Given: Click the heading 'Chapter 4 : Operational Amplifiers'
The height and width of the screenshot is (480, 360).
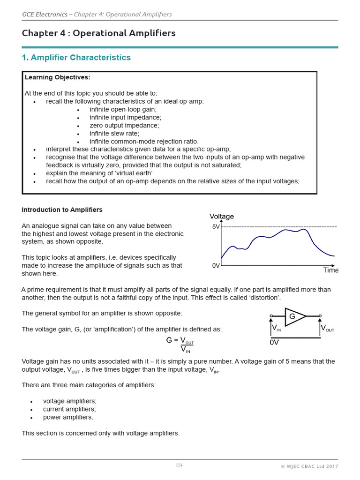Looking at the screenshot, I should point(98,33).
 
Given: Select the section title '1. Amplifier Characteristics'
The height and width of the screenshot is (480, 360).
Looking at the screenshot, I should point(76,58).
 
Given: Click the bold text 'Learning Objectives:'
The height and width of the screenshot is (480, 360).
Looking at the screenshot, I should point(57,77).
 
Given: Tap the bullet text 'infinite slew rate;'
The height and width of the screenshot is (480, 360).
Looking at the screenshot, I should point(114,134).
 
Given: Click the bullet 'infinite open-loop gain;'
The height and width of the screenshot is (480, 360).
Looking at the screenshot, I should point(123,110).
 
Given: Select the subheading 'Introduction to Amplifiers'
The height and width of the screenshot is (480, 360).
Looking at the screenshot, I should point(62,210).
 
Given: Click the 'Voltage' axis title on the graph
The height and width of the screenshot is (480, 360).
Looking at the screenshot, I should point(221,217).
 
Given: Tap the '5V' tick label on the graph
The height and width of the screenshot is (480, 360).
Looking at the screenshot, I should point(216,227).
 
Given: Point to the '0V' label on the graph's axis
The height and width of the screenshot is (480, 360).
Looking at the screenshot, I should point(216,266).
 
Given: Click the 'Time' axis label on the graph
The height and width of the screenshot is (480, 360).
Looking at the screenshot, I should point(330,270).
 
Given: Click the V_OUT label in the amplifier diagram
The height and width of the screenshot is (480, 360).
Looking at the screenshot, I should point(327,329).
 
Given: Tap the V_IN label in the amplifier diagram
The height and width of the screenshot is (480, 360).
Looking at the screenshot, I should point(277,329).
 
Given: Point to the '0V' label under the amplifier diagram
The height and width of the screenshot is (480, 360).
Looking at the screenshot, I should point(274,343).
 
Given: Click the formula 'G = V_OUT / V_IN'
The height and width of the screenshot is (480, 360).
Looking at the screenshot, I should point(180,345).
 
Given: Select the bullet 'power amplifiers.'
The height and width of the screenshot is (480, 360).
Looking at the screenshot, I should point(68,417).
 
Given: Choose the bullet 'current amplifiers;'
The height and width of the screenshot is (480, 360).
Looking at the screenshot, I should point(69,409).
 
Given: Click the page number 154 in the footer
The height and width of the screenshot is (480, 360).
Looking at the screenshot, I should point(179,465).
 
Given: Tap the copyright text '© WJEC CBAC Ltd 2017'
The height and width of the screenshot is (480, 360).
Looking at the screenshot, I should point(309,466).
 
